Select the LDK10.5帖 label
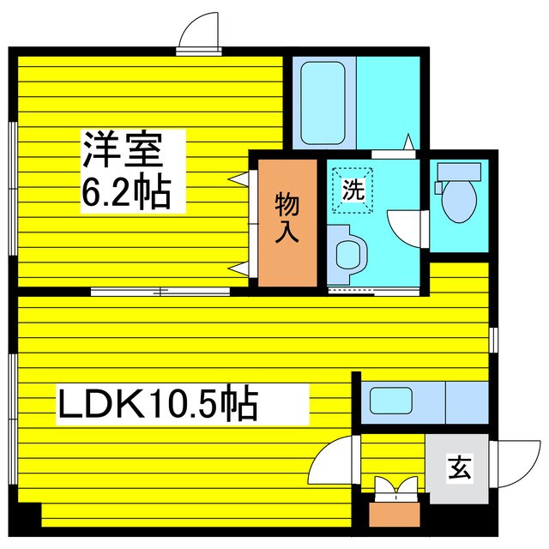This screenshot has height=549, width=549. tap(158, 403)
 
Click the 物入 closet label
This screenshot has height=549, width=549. tap(287, 218)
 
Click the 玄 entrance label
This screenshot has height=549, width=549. tap(459, 469)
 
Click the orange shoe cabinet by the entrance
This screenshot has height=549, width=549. tap(394, 512)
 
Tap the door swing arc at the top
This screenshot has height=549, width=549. tap(201, 32)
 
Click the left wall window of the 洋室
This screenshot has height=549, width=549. tap(12, 188)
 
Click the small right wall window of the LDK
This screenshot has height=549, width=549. tap(493, 339)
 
